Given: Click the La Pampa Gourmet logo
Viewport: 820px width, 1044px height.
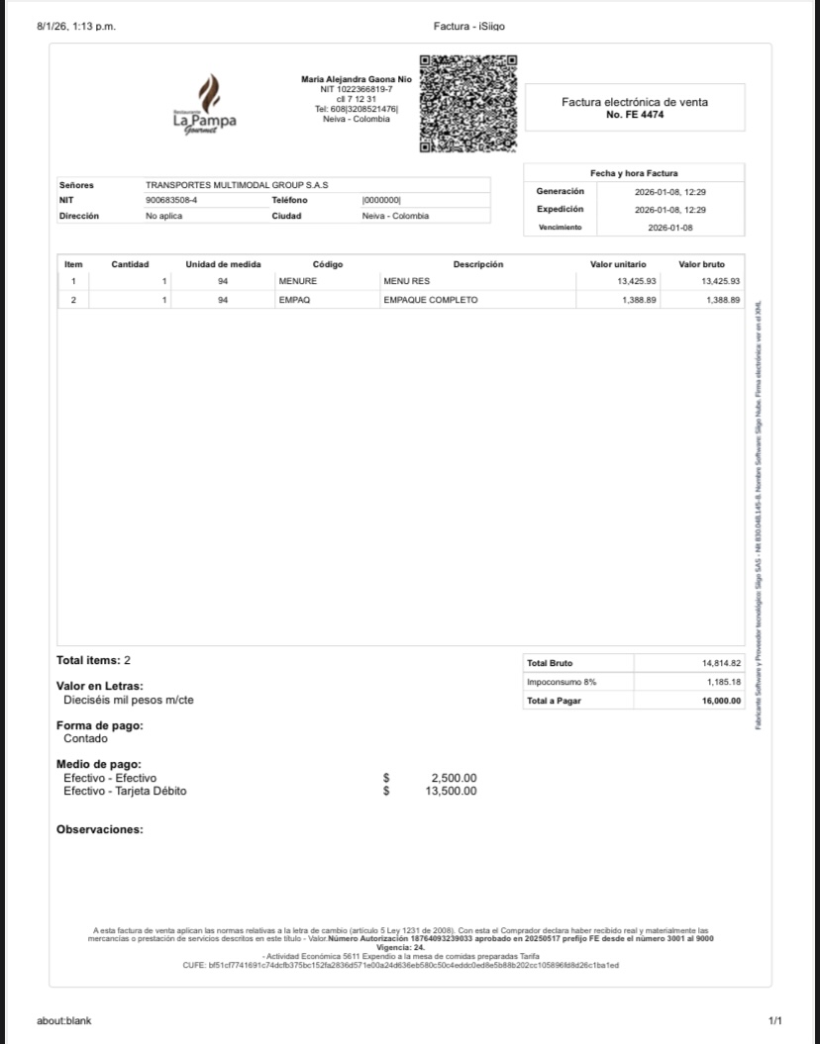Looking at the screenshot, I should coord(204,104).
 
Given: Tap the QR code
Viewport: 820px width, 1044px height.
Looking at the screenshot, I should coord(468,104).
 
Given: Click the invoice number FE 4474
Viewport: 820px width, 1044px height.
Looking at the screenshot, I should coord(635,115).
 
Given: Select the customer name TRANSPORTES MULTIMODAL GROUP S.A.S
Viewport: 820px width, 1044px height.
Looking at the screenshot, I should coord(237,185).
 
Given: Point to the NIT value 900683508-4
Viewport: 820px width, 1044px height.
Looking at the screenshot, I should coord(171,200).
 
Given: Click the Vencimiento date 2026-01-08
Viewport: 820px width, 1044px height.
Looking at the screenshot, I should coord(670,228).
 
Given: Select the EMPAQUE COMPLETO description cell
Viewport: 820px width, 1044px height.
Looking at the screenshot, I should coord(430,300).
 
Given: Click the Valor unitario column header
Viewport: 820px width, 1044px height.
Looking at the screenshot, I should coord(618,264).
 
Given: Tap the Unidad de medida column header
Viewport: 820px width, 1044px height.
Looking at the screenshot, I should coord(223,264).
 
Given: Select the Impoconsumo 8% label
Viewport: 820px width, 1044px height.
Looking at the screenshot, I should coord(562,682).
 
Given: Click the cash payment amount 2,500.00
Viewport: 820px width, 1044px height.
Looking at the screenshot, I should coord(454,779).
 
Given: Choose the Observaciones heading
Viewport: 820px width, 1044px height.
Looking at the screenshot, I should coord(99,829).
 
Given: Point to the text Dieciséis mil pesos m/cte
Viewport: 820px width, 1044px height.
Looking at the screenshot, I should coord(129,700).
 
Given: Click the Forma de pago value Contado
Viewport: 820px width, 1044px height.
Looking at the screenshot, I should coord(86,738).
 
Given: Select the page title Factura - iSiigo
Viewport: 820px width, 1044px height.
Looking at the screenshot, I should coord(469,26).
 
